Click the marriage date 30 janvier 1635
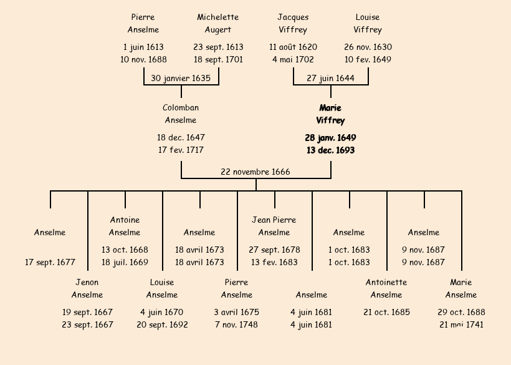pyautogui.click(x=181, y=79)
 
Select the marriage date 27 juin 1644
pyautogui.click(x=330, y=79)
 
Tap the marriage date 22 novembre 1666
pyautogui.click(x=255, y=172)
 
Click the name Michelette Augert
pyautogui.click(x=218, y=24)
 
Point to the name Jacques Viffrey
pyautogui.click(x=293, y=24)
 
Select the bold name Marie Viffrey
pyautogui.click(x=330, y=115)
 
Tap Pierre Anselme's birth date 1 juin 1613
pyautogui.click(x=143, y=47)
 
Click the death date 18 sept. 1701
pyautogui.click(x=218, y=60)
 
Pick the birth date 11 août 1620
pyautogui.click(x=293, y=47)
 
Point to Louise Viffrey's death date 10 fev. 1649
pyautogui.click(x=368, y=60)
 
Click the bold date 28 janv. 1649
pyautogui.click(x=330, y=137)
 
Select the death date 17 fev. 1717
pyautogui.click(x=181, y=150)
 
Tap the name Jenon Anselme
pyautogui.click(x=87, y=289)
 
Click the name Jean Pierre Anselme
pyautogui.click(x=274, y=226)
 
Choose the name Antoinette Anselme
pyautogui.click(x=386, y=289)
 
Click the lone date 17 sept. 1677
pyautogui.click(x=50, y=262)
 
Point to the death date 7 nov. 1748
pyautogui.click(x=237, y=324)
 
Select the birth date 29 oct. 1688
pyautogui.click(x=461, y=312)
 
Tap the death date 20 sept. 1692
pyautogui.click(x=162, y=324)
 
